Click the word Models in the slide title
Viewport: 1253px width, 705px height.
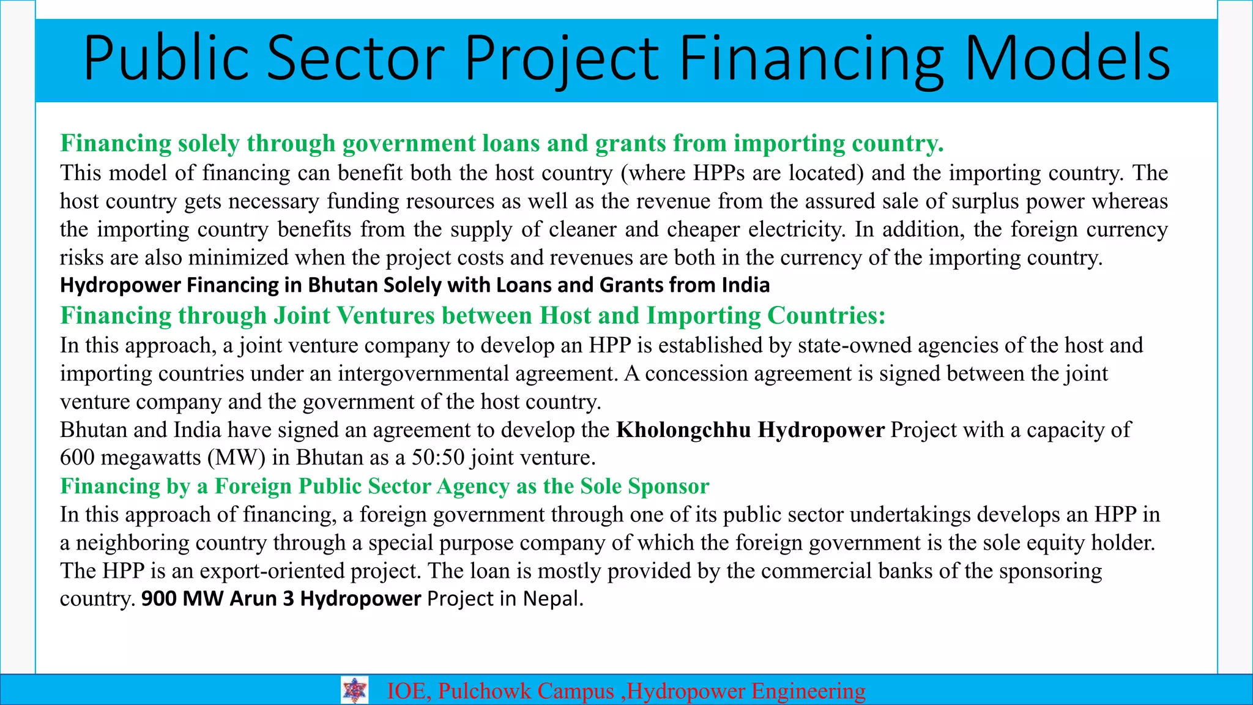pos(1067,59)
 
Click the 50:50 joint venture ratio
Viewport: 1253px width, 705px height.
pos(438,458)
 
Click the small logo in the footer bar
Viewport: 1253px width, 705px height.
pos(354,690)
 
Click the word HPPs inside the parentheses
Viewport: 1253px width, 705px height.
pos(719,173)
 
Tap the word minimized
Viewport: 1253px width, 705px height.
pos(238,258)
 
